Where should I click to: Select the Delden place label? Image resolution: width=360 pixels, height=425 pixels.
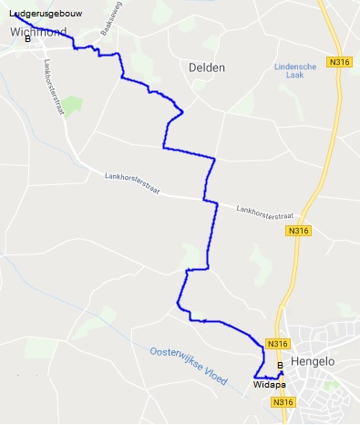pyautogui.click(x=206, y=67)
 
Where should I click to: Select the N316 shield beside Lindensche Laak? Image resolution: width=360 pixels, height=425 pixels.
pyautogui.click(x=341, y=62)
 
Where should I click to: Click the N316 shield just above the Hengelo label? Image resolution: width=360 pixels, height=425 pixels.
pyautogui.click(x=278, y=344)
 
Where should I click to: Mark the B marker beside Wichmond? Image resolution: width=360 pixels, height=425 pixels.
pyautogui.click(x=27, y=40)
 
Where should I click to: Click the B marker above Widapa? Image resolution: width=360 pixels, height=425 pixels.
pyautogui.click(x=279, y=366)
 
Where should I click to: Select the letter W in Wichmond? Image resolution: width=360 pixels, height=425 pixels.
pyautogui.click(x=15, y=32)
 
